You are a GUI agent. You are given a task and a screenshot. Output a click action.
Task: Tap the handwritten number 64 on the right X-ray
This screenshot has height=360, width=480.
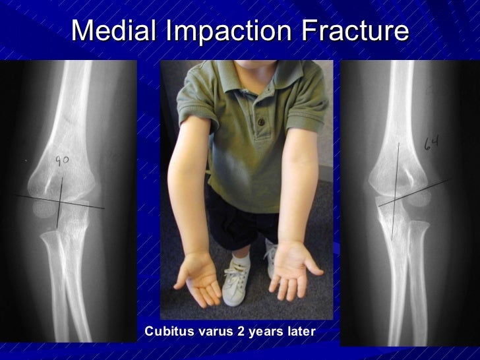tap(431, 142)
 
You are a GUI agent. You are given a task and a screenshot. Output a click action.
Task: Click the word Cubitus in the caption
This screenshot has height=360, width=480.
tap(171, 330)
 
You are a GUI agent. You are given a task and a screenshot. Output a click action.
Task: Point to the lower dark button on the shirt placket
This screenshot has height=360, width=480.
tap(260, 122)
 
